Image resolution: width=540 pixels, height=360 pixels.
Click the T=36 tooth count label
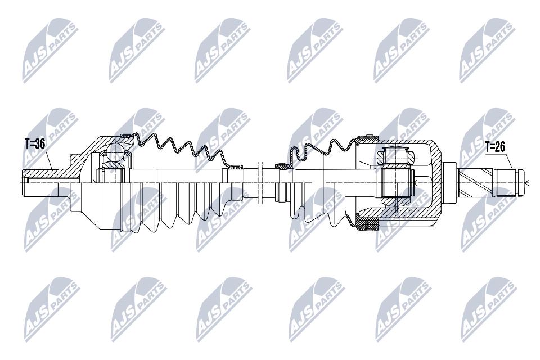click(x=35, y=144)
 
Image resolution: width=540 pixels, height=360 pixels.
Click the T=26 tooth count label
click(x=495, y=147)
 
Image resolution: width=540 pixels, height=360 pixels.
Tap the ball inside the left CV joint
click(x=115, y=152)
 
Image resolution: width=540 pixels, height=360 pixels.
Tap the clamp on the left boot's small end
click(x=236, y=167)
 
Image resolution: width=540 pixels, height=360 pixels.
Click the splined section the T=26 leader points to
click(x=506, y=183)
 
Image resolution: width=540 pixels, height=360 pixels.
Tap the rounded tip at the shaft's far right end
click(x=521, y=183)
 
